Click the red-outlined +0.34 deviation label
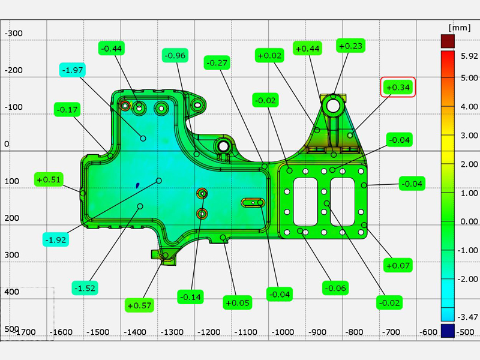[398, 87]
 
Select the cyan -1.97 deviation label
[73, 70]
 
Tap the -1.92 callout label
[56, 239]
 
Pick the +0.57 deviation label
[139, 305]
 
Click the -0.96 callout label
[175, 55]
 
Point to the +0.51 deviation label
[49, 179]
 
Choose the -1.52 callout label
[85, 288]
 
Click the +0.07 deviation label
[398, 265]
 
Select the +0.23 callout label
[351, 46]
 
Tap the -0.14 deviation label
[190, 296]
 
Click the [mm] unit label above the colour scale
[460, 28]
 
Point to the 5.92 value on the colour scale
[469, 56]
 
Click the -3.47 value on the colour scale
[467, 317]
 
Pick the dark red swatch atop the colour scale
[448, 41]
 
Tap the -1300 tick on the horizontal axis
[172, 332]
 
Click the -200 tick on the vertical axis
[13, 70]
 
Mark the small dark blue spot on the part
[138, 185]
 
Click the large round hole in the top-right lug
[333, 106]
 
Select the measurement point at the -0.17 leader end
[110, 156]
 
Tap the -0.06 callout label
[335, 288]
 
